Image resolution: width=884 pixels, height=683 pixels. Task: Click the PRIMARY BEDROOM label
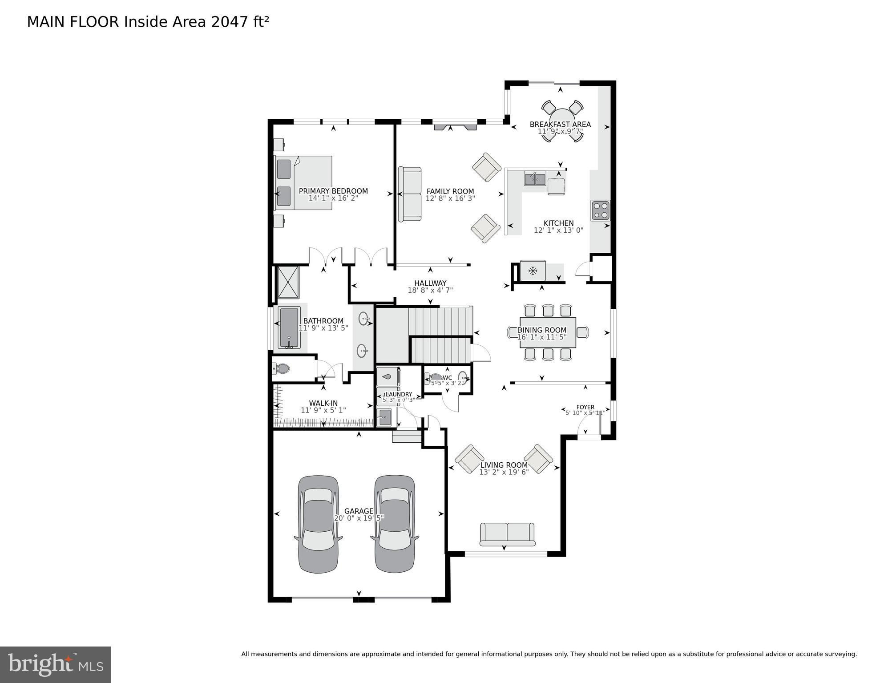[x=333, y=191]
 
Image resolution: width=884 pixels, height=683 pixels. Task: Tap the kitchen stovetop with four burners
[x=600, y=210]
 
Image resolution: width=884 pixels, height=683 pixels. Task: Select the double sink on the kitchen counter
[x=535, y=179]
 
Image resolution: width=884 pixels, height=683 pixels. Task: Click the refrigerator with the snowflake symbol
[x=533, y=271]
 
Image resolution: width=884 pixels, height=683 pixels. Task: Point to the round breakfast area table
[x=562, y=121]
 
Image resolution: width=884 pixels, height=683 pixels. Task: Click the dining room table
[x=548, y=332]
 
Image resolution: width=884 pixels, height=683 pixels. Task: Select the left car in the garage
[x=318, y=524]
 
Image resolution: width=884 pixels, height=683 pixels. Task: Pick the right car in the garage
[x=395, y=524]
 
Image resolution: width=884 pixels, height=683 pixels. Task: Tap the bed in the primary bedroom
[x=303, y=182]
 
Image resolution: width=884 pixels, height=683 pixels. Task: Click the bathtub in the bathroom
[x=289, y=328]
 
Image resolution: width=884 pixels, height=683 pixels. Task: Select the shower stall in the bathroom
[x=288, y=282]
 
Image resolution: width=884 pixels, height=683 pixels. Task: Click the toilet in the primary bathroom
[x=282, y=368]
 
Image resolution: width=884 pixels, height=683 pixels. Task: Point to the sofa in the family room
[x=410, y=194]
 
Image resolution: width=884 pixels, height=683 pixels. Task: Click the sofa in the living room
[x=507, y=534]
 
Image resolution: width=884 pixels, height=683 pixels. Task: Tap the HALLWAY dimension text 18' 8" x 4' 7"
[x=430, y=290]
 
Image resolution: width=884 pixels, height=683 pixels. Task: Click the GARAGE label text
[x=359, y=511]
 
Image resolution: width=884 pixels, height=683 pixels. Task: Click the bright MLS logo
[x=55, y=664]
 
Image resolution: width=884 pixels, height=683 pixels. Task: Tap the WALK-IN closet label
[x=323, y=403]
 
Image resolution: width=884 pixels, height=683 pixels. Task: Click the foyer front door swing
[x=586, y=428]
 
